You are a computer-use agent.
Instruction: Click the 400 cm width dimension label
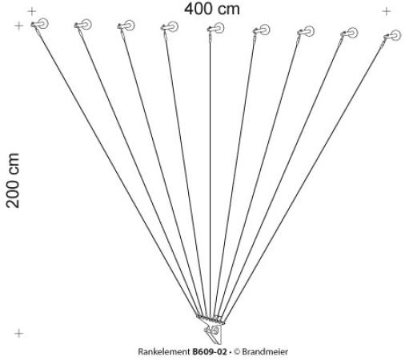(212, 9)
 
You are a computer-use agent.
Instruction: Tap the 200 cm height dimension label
(13, 181)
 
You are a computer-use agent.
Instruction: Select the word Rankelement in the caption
(164, 352)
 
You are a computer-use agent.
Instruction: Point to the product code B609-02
(210, 352)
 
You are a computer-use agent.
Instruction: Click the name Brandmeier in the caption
(265, 352)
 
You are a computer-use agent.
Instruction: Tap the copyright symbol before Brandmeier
(237, 352)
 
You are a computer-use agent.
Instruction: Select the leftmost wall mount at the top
(40, 24)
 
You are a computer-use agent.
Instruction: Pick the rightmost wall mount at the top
(392, 35)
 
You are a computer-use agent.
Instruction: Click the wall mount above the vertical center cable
(215, 28)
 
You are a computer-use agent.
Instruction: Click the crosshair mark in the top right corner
(387, 11)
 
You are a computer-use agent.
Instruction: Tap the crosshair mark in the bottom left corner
(18, 333)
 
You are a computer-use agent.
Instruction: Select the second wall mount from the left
(83, 25)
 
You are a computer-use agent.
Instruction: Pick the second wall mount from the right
(349, 34)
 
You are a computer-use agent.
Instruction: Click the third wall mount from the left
(126, 26)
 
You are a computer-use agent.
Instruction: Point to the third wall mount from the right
(306, 32)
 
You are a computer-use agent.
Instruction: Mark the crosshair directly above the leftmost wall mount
(32, 11)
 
